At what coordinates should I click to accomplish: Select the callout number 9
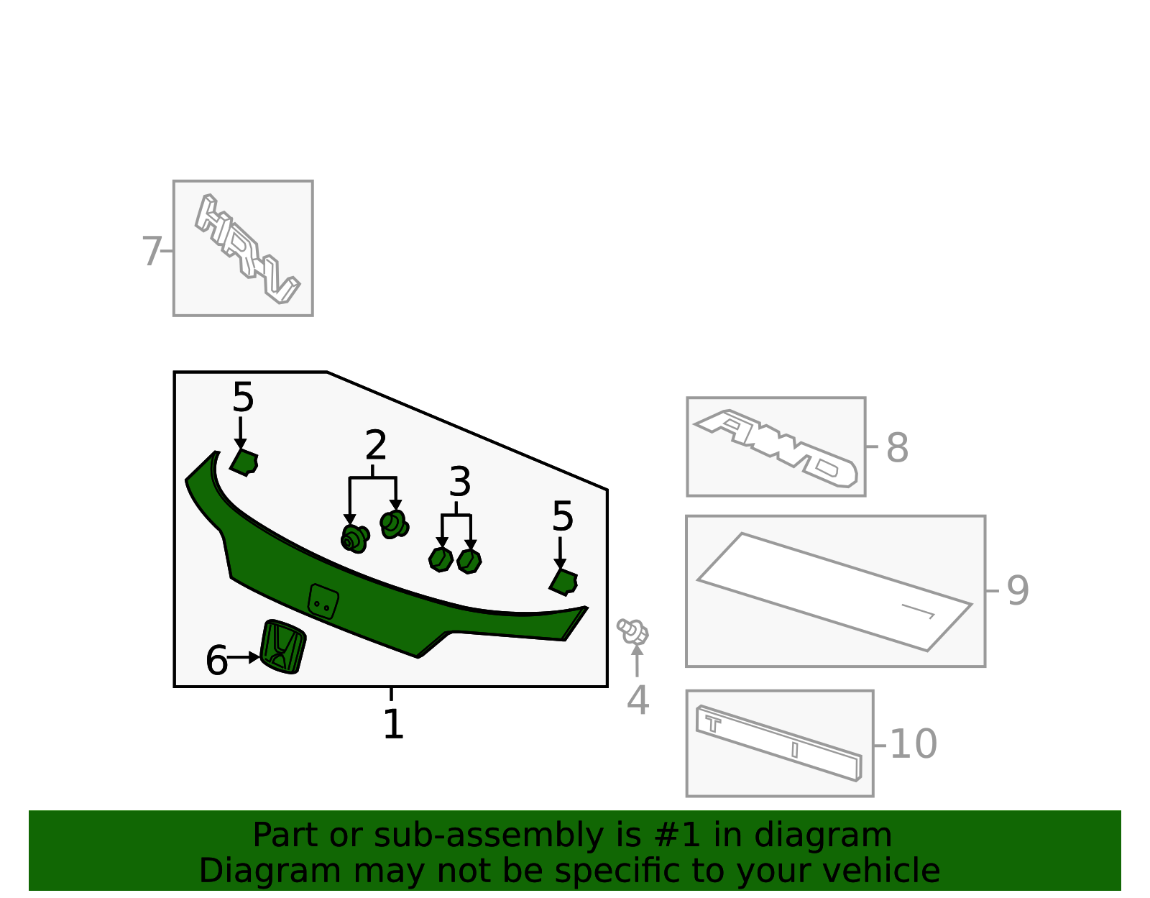point(1017,591)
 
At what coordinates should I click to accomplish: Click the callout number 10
point(913,744)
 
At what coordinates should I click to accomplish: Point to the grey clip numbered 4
point(633,631)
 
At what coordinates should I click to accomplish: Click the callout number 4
point(638,700)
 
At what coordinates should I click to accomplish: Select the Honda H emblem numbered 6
point(283,646)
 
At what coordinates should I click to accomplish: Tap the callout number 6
point(216,661)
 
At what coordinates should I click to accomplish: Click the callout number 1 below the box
point(392,724)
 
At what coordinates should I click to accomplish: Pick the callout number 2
point(375,446)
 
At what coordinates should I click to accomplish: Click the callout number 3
point(459,482)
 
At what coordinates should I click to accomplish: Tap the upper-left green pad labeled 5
point(244,462)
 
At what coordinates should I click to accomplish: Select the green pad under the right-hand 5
point(564,581)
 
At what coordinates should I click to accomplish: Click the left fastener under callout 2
point(354,539)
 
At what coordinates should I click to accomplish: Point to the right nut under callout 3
point(469,560)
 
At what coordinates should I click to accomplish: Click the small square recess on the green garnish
point(323,600)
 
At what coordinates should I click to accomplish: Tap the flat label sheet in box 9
point(834,592)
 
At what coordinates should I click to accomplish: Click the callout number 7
point(151,252)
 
